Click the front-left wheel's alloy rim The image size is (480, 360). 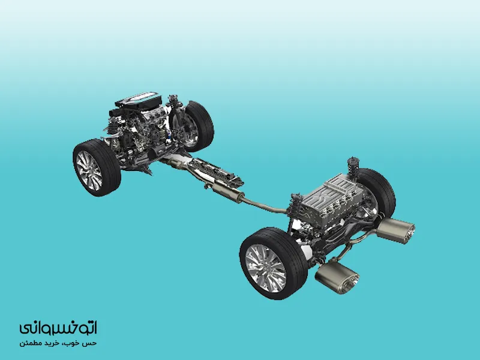pyautogui.click(x=89, y=170)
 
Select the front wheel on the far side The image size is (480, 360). pyautogui.click(x=196, y=126)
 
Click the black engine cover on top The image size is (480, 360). pyautogui.click(x=139, y=100)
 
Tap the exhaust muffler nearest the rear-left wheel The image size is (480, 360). pyautogui.click(x=337, y=275)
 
